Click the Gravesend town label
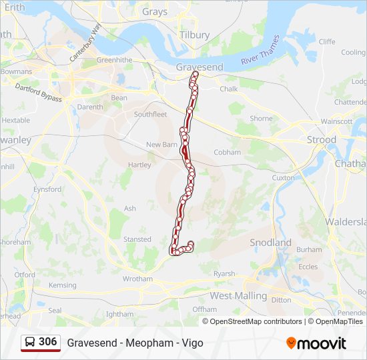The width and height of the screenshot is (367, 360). point(199,67)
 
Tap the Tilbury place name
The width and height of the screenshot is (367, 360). point(194,35)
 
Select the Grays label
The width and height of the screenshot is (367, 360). point(155,11)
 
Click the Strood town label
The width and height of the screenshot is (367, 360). point(322,140)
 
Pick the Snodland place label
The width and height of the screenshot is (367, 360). point(270,243)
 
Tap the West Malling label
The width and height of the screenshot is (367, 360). point(238,295)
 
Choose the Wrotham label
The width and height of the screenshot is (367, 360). point(137,279)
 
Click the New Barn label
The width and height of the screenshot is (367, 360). point(162,145)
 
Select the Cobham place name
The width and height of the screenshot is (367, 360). point(227,152)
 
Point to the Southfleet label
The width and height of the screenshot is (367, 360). point(150,114)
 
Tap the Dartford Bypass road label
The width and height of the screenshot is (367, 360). point(38,93)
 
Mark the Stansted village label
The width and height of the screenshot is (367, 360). point(137,239)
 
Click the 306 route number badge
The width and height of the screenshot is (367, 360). point(48,342)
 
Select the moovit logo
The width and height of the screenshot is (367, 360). point(316,343)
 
